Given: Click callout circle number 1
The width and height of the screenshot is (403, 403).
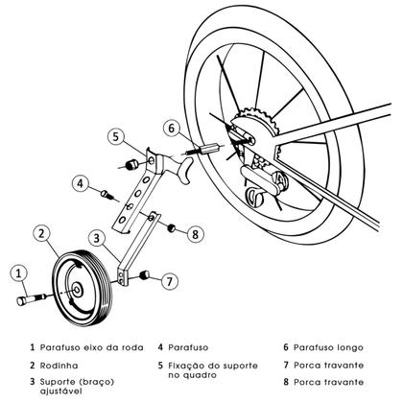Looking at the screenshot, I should pos(19,274).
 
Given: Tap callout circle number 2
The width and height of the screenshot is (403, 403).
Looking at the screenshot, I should pos(42,232).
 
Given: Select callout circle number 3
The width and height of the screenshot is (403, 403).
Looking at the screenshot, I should pos(98,238).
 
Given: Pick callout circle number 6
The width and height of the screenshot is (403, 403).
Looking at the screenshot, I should pos(171,127).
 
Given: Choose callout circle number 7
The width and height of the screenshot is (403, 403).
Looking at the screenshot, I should pos(170,281).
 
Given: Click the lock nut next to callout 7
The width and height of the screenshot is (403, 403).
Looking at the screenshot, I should pos(146,276).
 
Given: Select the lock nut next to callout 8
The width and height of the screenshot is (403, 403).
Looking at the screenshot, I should pos(171,229).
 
